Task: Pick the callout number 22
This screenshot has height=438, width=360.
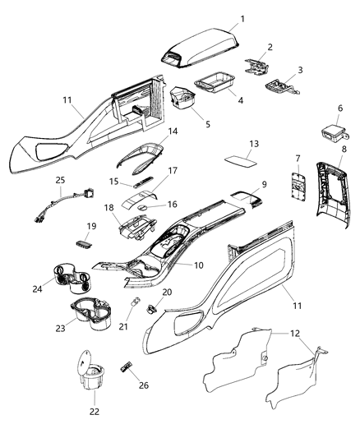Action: click(95, 411)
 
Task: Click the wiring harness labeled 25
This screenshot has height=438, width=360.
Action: click(67, 205)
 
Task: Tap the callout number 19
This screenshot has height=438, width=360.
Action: click(91, 225)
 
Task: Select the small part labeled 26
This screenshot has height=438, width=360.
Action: click(127, 365)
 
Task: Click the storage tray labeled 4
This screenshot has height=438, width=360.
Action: click(213, 84)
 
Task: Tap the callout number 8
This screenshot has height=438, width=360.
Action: click(344, 149)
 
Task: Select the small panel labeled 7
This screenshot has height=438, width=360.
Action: click(293, 185)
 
